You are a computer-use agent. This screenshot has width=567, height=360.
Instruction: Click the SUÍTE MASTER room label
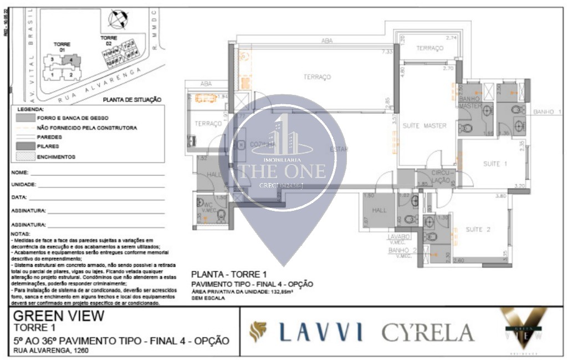(424, 126)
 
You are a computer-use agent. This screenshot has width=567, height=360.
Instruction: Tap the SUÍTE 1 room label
(495, 164)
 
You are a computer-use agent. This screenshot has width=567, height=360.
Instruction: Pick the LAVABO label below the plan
(399, 236)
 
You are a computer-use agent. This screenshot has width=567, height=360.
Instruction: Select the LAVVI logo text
(321, 331)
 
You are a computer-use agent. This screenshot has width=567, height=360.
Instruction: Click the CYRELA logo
(427, 332)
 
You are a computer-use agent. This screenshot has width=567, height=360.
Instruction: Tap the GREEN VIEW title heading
(58, 316)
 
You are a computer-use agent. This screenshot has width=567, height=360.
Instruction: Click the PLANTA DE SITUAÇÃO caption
(132, 100)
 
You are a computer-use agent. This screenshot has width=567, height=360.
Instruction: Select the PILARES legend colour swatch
(25, 146)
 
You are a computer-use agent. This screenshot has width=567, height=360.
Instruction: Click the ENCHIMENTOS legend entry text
(56, 157)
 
